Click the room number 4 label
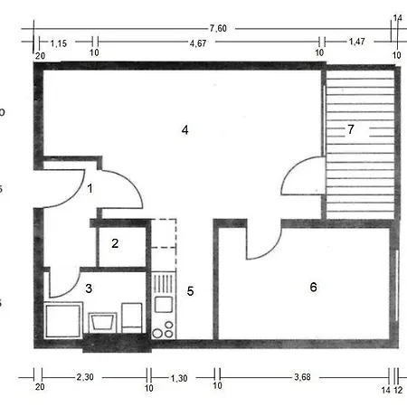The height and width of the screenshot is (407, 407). [x=185, y=130]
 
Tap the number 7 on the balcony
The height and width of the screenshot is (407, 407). [x=351, y=129]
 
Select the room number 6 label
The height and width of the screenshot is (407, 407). [x=313, y=287]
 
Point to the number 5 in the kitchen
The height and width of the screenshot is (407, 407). [x=190, y=291]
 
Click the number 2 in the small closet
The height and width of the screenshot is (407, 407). [x=115, y=243]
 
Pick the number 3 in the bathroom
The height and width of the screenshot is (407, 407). [x=89, y=289]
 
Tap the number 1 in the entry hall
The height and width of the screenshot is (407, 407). [x=90, y=188]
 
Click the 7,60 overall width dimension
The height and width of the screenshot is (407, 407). [x=218, y=28]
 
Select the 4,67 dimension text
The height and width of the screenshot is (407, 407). [x=198, y=43]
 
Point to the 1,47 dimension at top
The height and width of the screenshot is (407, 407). [x=357, y=42]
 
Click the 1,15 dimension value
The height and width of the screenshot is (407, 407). [x=59, y=43]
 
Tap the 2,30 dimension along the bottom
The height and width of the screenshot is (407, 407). [x=85, y=377]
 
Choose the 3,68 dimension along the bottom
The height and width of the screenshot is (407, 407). [x=302, y=377]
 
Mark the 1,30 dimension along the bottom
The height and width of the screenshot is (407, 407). [x=179, y=378]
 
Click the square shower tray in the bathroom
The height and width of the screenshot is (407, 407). [x=63, y=320]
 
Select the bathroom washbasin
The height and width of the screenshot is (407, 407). [x=102, y=322]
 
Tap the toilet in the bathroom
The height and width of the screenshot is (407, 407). [x=132, y=317]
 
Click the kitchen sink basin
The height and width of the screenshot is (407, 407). [x=164, y=304]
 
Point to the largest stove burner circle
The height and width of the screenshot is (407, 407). [x=157, y=333]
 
